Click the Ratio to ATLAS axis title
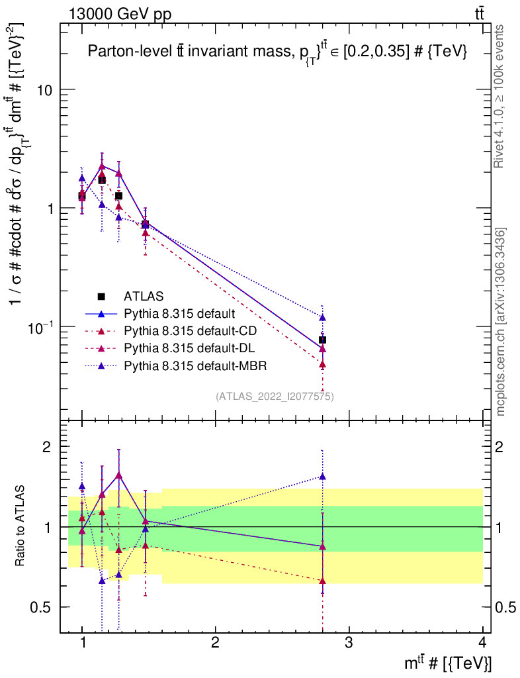click(x=21, y=526)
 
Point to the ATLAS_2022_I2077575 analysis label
click(x=274, y=397)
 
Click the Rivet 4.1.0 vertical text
click(x=501, y=96)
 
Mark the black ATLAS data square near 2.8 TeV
click(x=322, y=340)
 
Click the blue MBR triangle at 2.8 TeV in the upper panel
click(x=322, y=317)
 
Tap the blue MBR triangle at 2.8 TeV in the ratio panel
click(x=322, y=476)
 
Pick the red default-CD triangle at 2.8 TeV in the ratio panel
click(x=322, y=581)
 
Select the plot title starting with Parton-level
click(x=278, y=54)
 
